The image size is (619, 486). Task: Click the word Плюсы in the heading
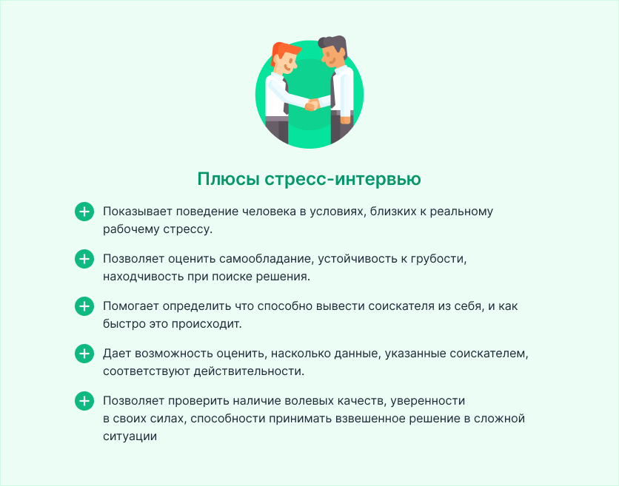pos(228,179)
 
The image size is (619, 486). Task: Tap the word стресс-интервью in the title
pos(343,179)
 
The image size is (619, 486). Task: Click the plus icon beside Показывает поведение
pos(84,212)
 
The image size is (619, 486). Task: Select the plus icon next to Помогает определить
pos(84,306)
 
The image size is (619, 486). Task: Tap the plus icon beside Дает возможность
pos(84,354)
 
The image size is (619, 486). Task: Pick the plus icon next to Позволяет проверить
pos(84,401)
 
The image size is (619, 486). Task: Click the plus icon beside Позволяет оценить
pos(84,259)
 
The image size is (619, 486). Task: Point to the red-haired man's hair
pos(284,52)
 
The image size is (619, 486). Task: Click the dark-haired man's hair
pos(334,43)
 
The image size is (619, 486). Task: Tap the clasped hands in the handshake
pos(312,104)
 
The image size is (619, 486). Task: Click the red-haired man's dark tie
pos(286,97)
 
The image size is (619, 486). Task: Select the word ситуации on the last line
pos(130,436)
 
